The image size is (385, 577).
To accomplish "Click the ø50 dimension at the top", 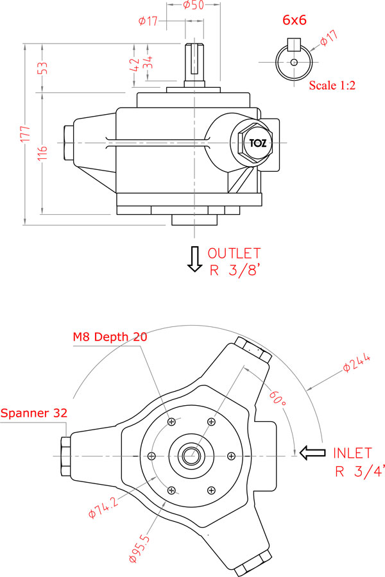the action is (x=193, y=5).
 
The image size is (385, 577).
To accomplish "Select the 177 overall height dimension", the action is (x=25, y=134).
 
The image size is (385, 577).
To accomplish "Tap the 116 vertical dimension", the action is (x=43, y=153).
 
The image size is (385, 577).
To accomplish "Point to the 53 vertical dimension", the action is (x=43, y=68).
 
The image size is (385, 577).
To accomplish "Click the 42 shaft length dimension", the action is (x=135, y=65).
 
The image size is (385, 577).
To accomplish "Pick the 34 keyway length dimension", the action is (x=148, y=62).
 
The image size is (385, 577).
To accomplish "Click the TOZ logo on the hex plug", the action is (x=257, y=143).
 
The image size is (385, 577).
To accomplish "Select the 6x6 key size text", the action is (x=295, y=20).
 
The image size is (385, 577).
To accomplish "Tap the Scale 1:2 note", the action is (x=332, y=85).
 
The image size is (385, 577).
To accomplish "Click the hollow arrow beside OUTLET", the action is (x=195, y=259).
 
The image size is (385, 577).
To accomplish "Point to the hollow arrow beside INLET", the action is (x=312, y=453).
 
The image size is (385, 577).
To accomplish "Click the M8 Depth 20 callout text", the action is (x=110, y=337).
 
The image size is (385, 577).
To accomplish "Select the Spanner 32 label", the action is (x=34, y=413).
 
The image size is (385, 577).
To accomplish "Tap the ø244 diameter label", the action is (x=356, y=363).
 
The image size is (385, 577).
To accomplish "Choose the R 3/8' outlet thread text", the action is (x=235, y=271).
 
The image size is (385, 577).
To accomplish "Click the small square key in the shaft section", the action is (x=294, y=44).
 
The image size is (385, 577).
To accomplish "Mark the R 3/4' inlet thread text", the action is (x=360, y=471).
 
